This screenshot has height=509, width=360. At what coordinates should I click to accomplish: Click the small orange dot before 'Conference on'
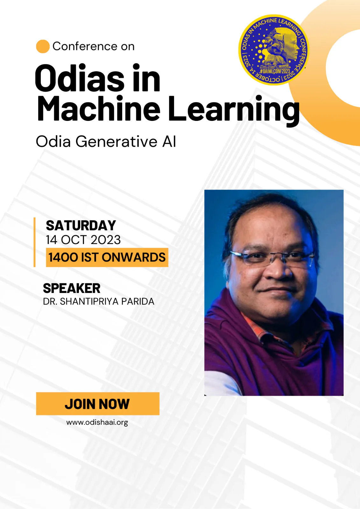coord(43,46)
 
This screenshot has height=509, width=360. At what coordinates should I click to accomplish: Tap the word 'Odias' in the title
coord(79,78)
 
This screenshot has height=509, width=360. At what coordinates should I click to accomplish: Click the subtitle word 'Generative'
coord(116,142)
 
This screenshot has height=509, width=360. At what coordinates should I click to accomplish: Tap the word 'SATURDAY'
coord(81,226)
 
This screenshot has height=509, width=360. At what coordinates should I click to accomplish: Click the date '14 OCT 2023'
coord(83,240)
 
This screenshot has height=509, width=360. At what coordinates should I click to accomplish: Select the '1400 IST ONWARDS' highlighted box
coord(107,257)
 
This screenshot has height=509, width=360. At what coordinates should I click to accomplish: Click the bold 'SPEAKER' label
coord(72,288)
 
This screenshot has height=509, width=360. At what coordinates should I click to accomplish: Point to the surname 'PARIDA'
coord(138,302)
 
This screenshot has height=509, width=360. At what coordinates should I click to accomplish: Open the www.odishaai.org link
coord(97,422)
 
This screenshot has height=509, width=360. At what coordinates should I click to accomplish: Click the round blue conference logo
coord(274,50)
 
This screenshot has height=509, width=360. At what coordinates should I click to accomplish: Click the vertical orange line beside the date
coord(35,242)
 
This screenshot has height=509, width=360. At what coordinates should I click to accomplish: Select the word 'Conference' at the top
coord(85,46)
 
